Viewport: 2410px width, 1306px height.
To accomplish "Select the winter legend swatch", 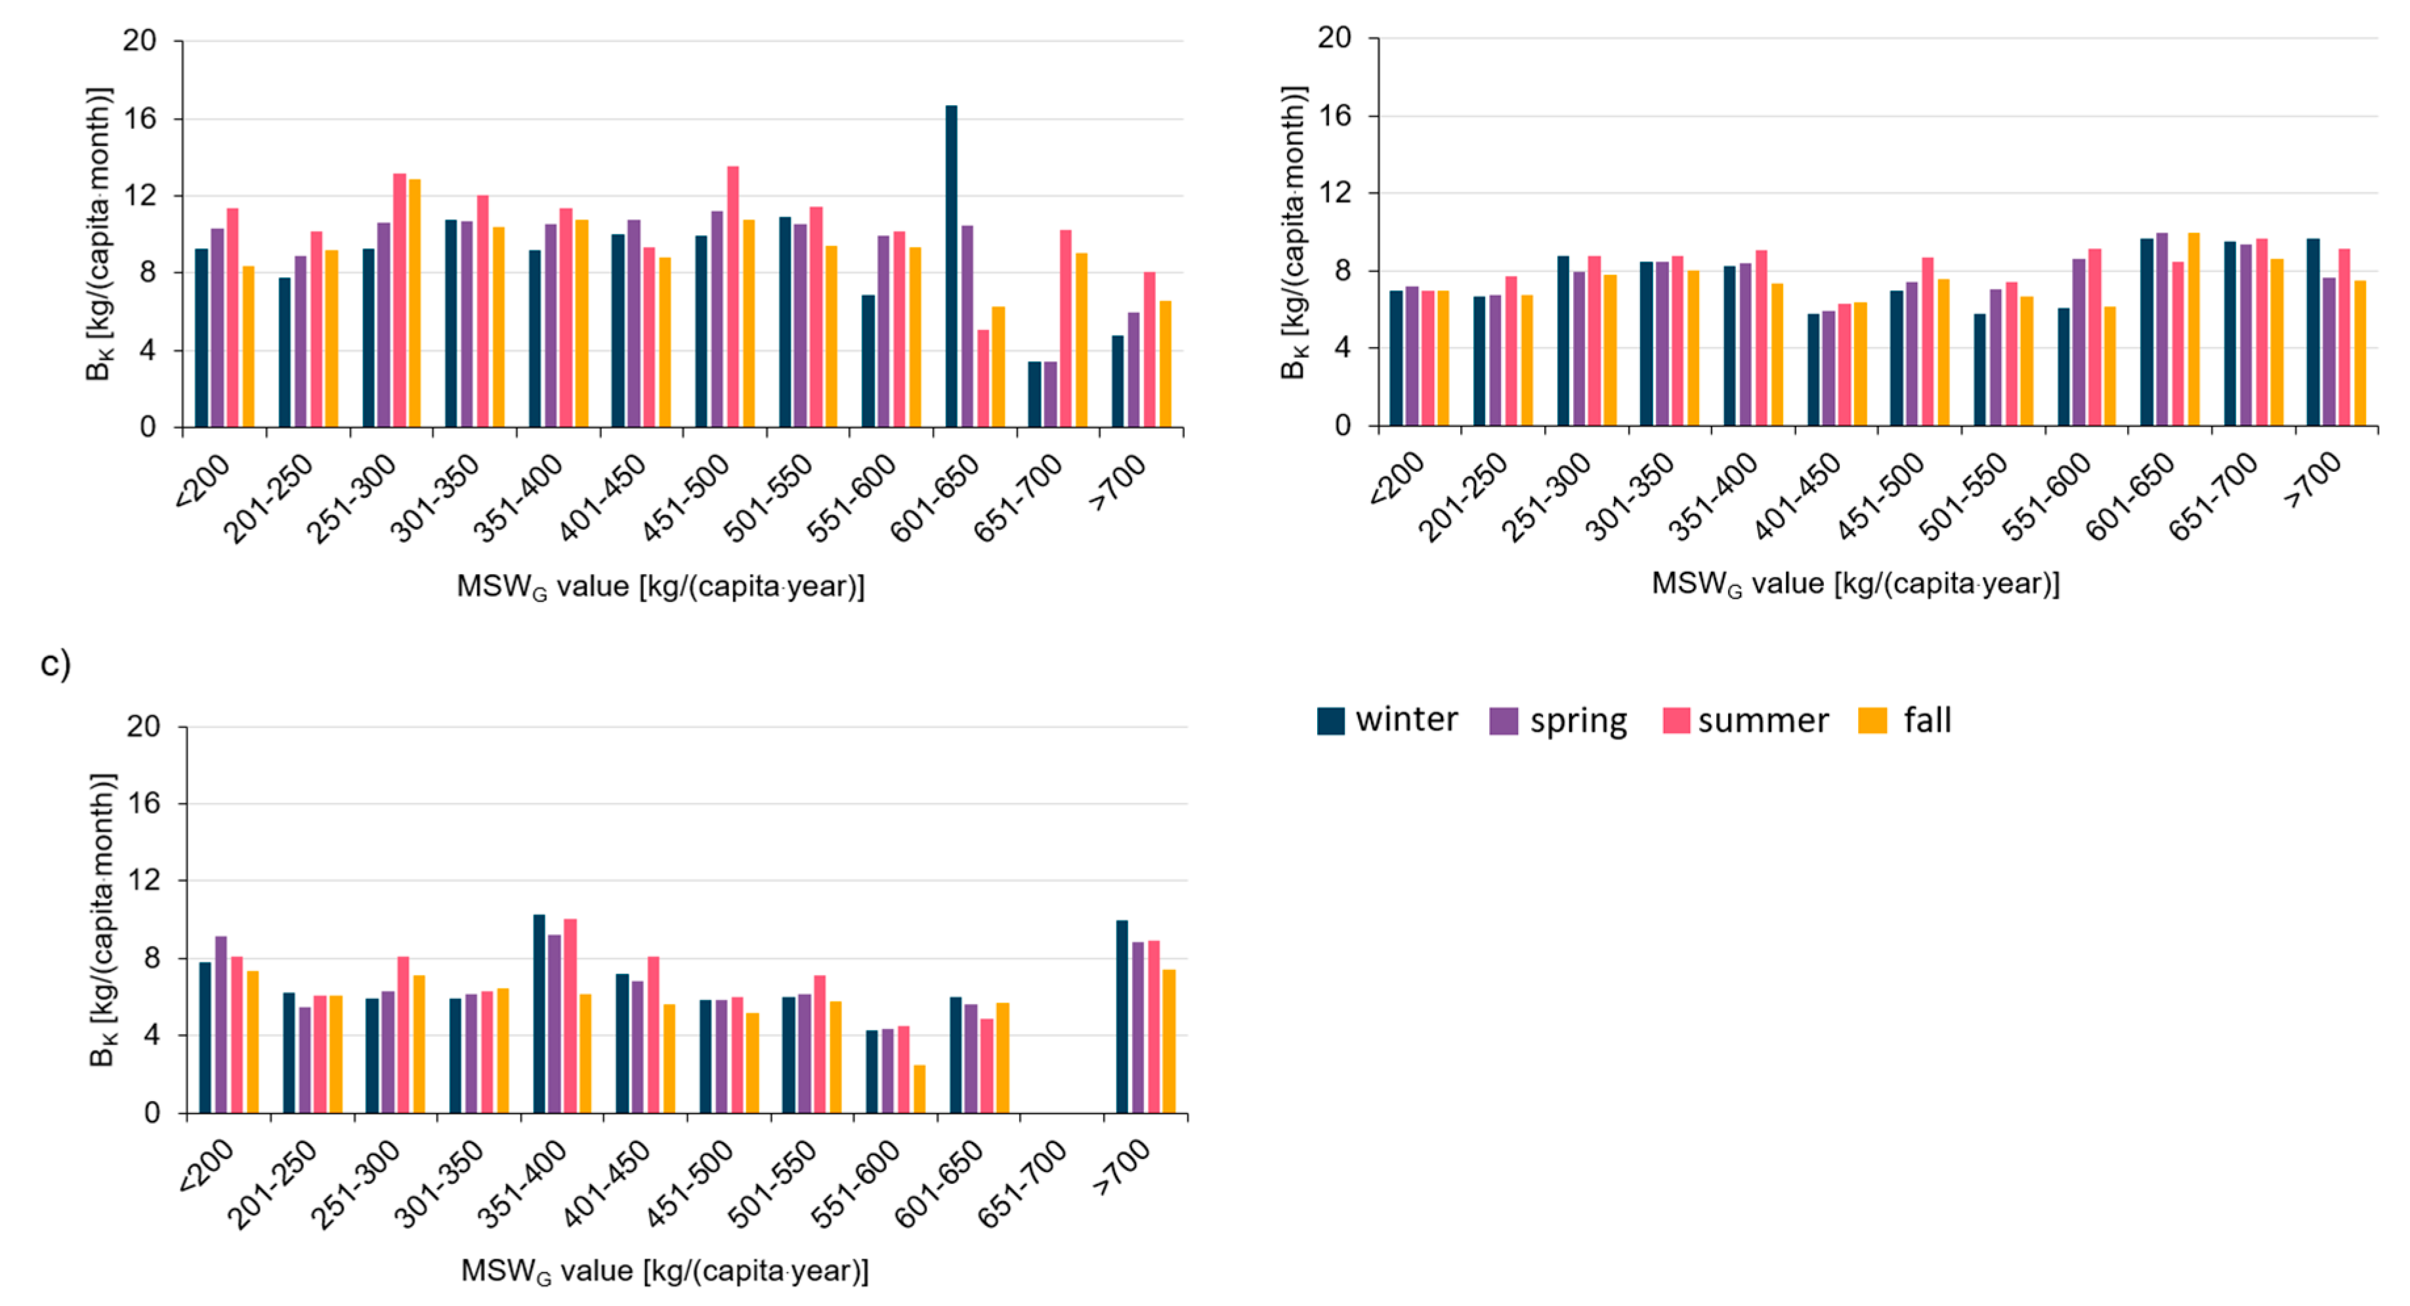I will tap(1330, 721).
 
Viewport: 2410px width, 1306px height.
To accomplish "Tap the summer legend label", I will tap(1763, 721).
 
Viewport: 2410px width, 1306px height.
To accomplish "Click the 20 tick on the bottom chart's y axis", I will tap(143, 727).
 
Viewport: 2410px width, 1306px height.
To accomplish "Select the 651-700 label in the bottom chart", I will tap(1022, 1183).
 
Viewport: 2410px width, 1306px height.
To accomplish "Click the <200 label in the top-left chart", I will tap(203, 482).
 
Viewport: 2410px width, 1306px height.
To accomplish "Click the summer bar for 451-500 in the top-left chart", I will tap(732, 297).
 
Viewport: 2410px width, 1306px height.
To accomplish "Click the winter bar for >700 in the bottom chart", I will tap(1122, 1017).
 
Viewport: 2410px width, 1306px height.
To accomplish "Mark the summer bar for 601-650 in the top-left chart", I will tap(983, 379).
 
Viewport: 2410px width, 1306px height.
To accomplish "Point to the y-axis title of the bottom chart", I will tap(103, 919).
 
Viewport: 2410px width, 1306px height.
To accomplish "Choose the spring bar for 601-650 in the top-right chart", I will tap(2161, 329).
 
